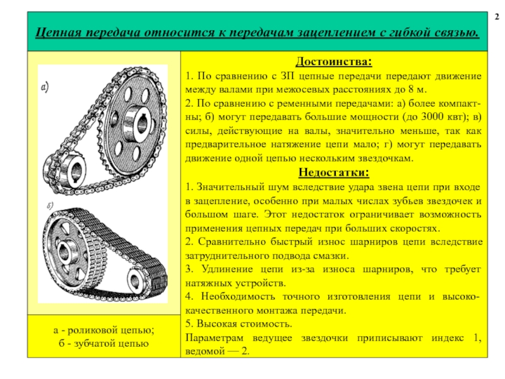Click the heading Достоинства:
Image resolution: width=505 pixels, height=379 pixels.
click(334, 63)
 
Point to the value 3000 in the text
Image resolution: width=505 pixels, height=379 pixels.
click(415, 117)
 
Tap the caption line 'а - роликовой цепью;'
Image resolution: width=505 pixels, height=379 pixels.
click(104, 330)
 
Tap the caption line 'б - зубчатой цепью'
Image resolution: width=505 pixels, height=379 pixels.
click(104, 344)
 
